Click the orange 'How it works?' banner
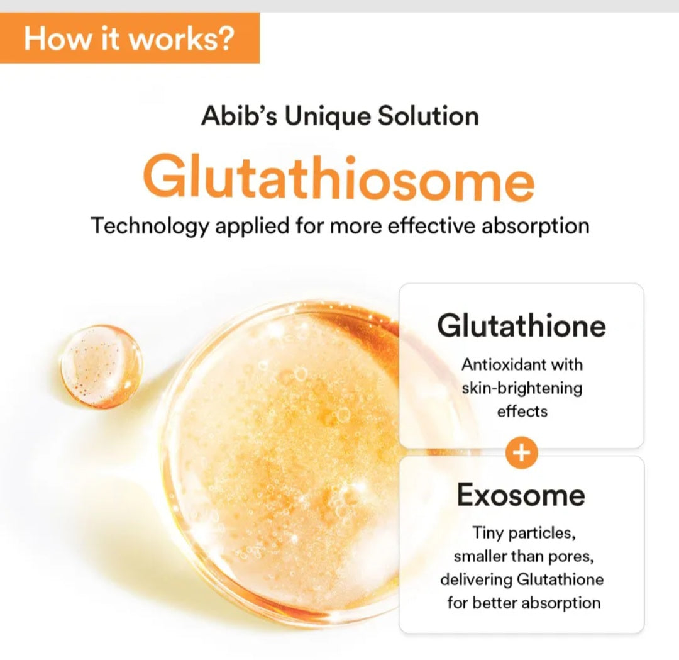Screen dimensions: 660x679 (x=129, y=38)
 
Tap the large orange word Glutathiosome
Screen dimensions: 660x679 (x=339, y=178)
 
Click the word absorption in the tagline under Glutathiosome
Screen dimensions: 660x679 (x=535, y=226)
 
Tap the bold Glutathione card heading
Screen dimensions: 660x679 (x=521, y=325)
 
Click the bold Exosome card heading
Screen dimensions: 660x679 (x=521, y=495)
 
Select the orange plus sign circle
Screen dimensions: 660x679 (x=521, y=452)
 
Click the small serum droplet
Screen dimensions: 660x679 (x=101, y=366)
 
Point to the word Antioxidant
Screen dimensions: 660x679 (x=497, y=364)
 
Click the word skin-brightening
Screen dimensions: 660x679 (x=522, y=388)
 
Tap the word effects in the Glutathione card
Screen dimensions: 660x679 (x=522, y=411)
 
